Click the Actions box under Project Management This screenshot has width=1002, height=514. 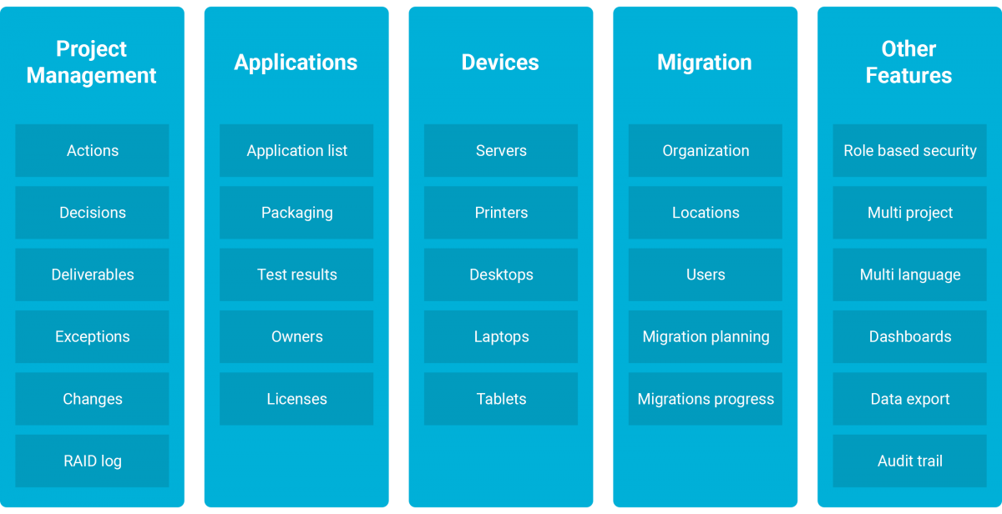(x=92, y=151)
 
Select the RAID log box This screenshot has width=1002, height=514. (x=92, y=461)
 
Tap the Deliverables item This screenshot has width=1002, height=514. (x=92, y=275)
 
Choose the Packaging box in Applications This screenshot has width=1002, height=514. (x=296, y=213)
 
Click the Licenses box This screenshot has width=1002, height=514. (x=296, y=399)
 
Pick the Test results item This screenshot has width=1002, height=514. (x=296, y=275)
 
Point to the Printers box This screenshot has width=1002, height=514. (x=501, y=213)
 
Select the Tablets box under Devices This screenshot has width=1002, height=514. (x=501, y=399)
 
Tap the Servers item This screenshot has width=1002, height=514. (x=501, y=151)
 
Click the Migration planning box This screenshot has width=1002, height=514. (x=706, y=336)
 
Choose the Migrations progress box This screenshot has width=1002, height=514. (x=706, y=399)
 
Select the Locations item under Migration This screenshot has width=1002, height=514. (x=706, y=213)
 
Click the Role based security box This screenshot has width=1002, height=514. (x=910, y=151)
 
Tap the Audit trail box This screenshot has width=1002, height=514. (x=910, y=461)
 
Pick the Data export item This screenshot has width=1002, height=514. (x=910, y=399)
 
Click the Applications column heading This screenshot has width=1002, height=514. (x=296, y=63)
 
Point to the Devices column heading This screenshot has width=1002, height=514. (x=500, y=62)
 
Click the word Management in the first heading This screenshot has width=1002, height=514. (x=91, y=76)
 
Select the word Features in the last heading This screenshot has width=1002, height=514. (x=908, y=75)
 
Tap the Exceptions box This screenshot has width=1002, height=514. (x=92, y=336)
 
